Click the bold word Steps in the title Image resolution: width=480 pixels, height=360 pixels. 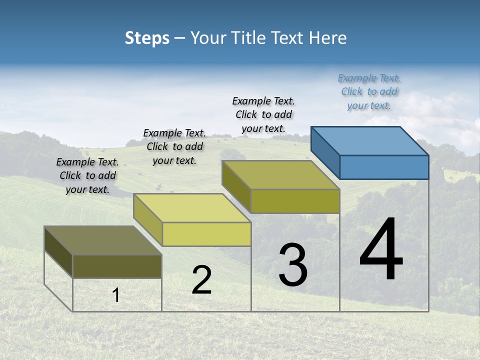click(147, 38)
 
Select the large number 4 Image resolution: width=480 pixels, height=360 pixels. click(381, 250)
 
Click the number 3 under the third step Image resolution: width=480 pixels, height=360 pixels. click(293, 265)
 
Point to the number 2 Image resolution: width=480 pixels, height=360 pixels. click(201, 280)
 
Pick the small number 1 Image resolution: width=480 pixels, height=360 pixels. click(116, 295)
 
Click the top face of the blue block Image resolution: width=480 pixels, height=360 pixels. click(370, 140)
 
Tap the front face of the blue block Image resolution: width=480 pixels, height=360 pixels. click(384, 167)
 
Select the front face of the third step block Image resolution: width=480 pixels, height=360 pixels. click(295, 201)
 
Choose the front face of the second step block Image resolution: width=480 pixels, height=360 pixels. click(206, 234)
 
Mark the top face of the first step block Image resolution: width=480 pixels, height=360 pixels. click(103, 240)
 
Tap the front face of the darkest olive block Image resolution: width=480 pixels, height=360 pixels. click(117, 266)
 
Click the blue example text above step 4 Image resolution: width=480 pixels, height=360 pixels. click(369, 91)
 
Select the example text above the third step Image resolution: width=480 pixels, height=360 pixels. click(263, 114)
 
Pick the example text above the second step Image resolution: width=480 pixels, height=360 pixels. click(174, 146)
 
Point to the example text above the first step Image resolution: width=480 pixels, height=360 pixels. click(87, 175)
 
